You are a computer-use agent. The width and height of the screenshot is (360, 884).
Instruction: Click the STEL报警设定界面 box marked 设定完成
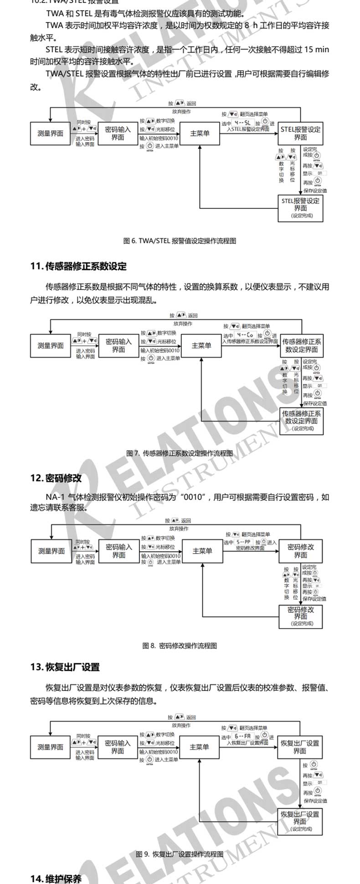coord(300,208)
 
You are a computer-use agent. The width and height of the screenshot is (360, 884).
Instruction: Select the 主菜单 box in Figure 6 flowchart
coord(200,134)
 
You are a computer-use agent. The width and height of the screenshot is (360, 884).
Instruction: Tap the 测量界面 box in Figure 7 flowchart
coord(51,346)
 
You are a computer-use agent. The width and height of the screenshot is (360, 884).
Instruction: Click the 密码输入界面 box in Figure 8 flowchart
coord(119,551)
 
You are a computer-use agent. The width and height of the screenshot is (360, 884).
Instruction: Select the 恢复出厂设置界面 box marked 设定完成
coord(300,822)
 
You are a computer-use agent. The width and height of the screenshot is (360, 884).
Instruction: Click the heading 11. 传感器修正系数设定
coord(78,266)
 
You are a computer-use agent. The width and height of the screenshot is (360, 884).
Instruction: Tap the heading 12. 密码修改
coord(56,478)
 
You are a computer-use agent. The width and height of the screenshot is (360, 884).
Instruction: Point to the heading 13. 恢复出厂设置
coord(65,667)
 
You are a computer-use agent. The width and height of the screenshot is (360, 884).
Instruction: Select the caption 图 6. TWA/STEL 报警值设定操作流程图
coord(180,241)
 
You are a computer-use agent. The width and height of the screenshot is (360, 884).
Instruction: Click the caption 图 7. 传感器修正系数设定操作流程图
coord(180,453)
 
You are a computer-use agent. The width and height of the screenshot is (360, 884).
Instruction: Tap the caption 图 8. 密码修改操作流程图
coord(180,645)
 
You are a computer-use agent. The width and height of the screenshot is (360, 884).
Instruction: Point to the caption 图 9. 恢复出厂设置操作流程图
coord(180,854)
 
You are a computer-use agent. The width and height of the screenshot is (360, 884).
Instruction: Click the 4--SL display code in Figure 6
coord(242,123)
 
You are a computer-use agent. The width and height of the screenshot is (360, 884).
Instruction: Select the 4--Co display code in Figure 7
coord(245,335)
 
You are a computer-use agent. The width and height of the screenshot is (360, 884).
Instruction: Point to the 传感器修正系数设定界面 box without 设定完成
coord(301,346)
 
